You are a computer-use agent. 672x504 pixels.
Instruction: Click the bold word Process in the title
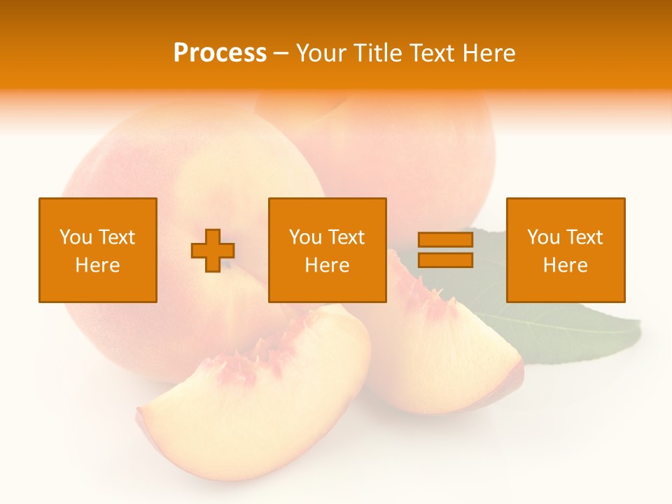[220, 53]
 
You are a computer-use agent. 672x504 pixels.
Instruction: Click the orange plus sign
[213, 251]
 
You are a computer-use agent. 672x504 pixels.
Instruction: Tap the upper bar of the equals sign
[445, 240]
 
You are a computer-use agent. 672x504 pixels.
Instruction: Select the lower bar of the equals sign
[445, 260]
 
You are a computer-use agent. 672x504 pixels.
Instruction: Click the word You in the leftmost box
[76, 237]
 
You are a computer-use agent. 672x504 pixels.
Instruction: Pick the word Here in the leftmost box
[97, 265]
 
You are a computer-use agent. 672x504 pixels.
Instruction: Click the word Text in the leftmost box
[116, 237]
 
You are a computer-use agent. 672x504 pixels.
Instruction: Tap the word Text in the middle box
[346, 237]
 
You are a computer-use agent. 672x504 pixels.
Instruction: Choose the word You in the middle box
[305, 237]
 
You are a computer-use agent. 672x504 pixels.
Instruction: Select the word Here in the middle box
[327, 265]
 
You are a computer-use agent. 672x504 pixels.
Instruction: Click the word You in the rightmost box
[543, 237]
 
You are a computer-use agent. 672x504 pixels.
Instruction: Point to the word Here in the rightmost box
[565, 265]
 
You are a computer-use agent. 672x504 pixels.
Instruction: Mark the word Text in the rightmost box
[584, 237]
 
